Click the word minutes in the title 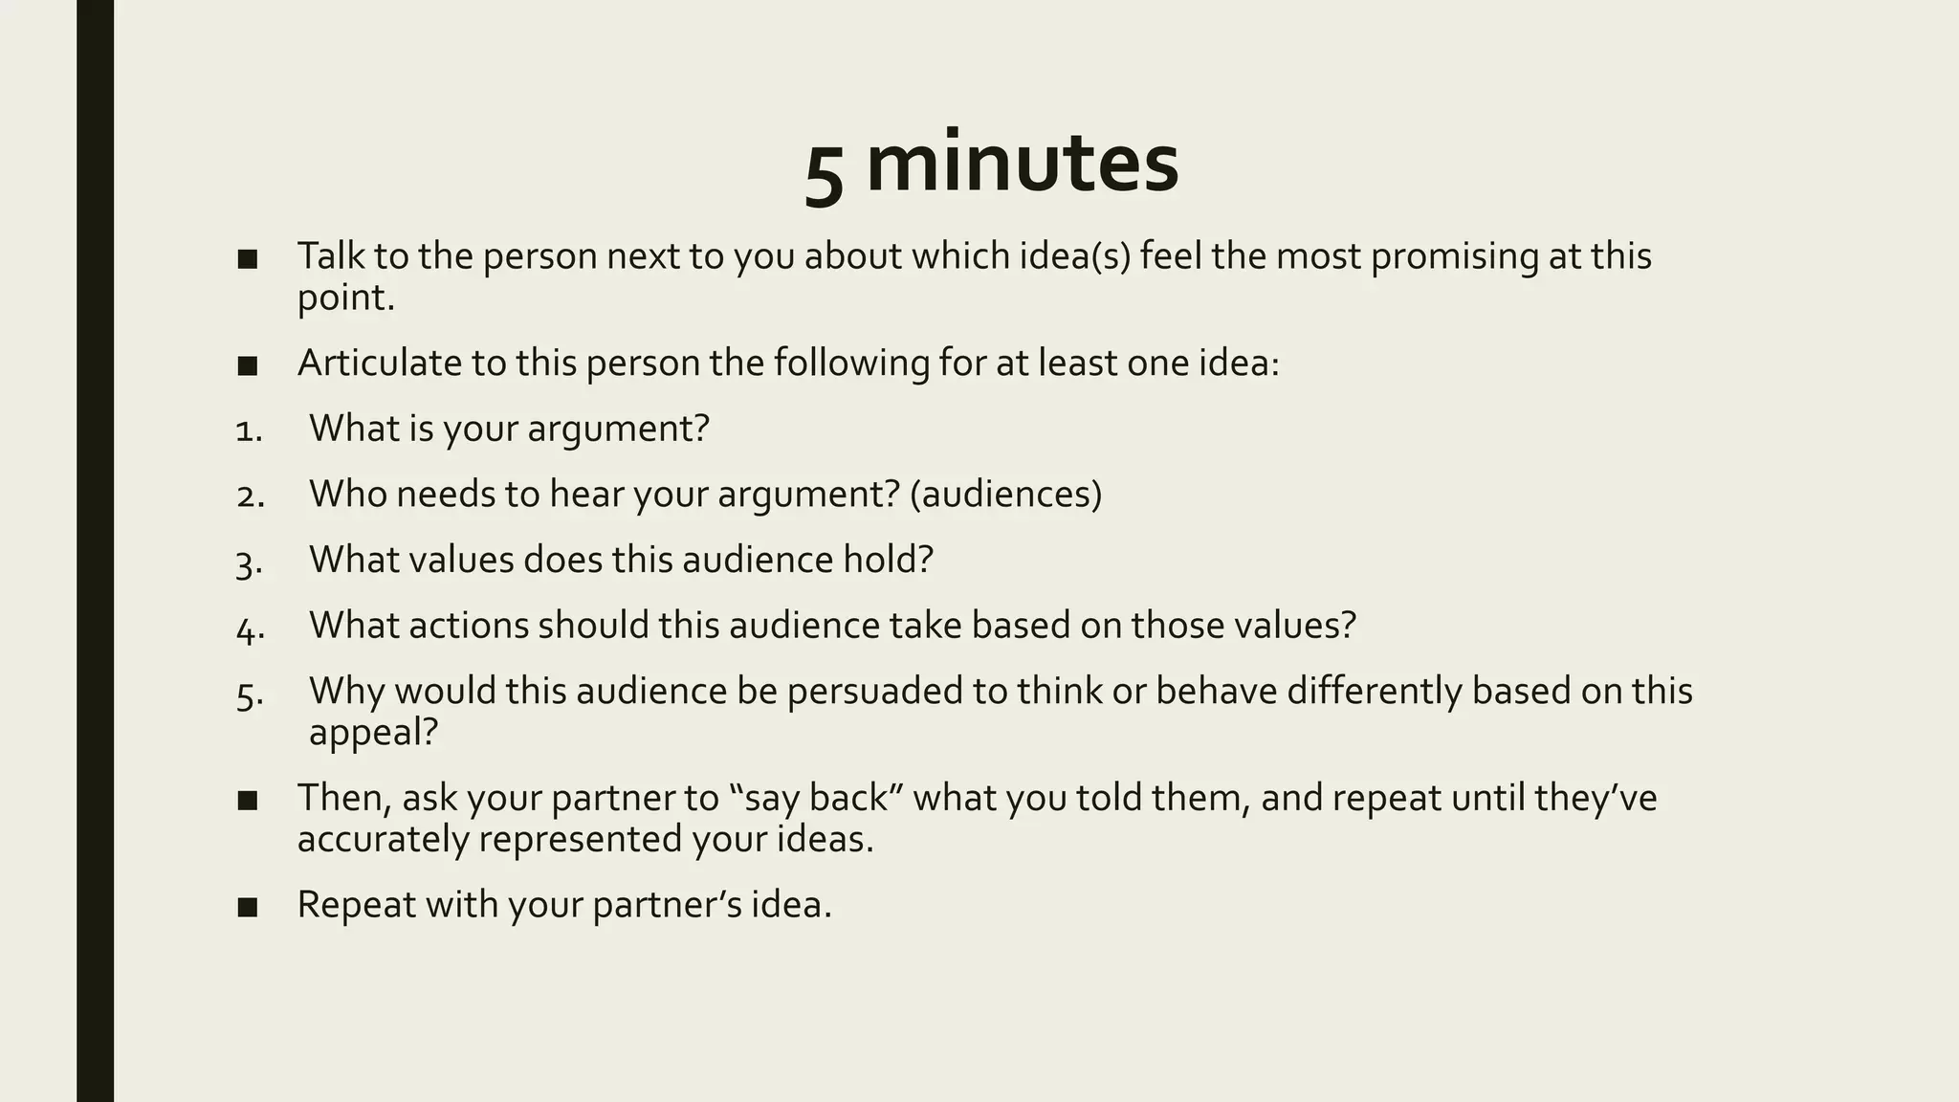pos(1022,163)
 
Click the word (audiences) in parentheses pos(1005,495)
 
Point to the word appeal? pos(373,733)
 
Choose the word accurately pos(382,840)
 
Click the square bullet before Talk pos(248,259)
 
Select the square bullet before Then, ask pos(248,801)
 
